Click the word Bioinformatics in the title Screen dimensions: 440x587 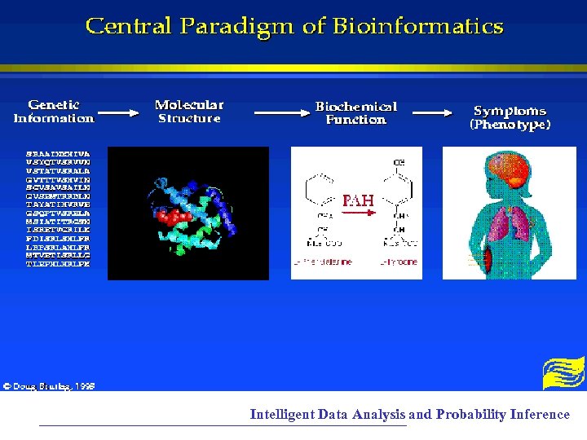(417, 27)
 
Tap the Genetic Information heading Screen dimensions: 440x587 (54, 112)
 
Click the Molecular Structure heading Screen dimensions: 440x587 (189, 112)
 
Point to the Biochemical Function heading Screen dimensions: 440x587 (355, 112)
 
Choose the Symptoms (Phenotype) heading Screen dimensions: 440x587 (510, 117)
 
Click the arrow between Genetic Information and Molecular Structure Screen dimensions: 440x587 (119, 114)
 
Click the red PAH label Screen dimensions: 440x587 (358, 200)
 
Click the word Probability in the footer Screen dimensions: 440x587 (470, 414)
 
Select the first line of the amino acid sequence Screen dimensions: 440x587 (58, 152)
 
